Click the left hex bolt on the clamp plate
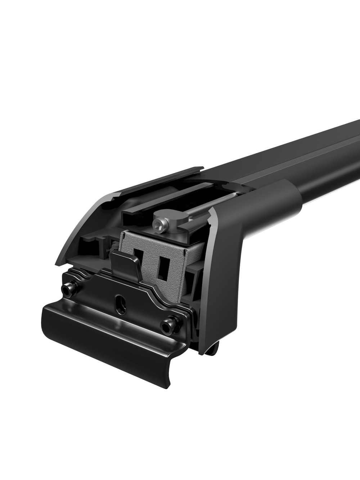(x=68, y=290)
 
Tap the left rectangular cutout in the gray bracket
(x=138, y=258)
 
